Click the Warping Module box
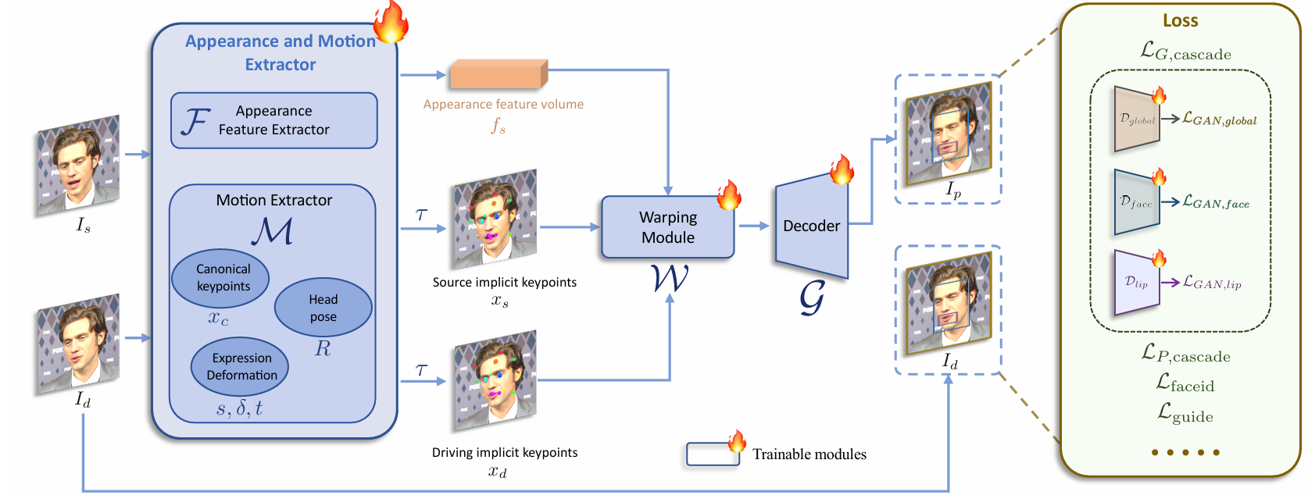click(x=667, y=227)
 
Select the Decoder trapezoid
click(x=811, y=226)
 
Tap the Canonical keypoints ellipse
click(x=220, y=278)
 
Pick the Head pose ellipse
click(x=323, y=308)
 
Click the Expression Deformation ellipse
click(x=240, y=366)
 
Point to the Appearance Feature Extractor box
click(x=273, y=120)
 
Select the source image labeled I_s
click(x=78, y=166)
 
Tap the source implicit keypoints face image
click(x=495, y=219)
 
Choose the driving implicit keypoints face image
click(x=495, y=380)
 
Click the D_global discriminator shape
click(x=1136, y=119)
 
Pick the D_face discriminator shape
click(x=1136, y=202)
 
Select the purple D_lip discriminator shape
click(x=1136, y=282)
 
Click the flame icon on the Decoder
click(x=842, y=169)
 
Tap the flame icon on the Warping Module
click(x=729, y=195)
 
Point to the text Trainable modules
click(x=809, y=454)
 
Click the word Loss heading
click(x=1180, y=21)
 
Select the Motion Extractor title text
click(x=273, y=200)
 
